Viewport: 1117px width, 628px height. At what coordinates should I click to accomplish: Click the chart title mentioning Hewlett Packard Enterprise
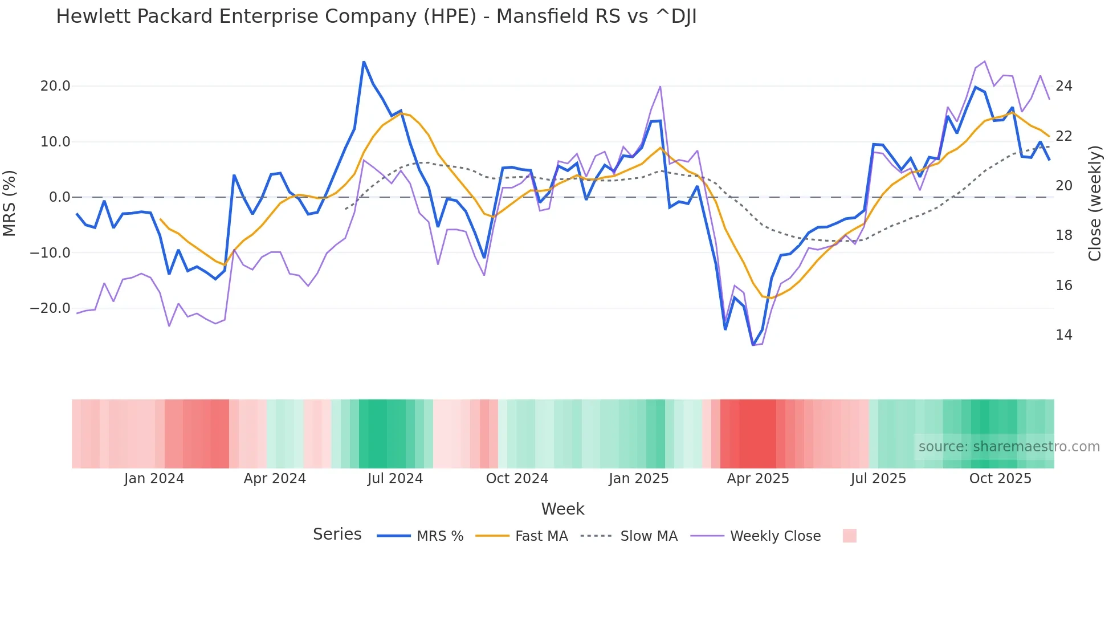[376, 17]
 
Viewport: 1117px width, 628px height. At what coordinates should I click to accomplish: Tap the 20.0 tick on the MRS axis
[55, 86]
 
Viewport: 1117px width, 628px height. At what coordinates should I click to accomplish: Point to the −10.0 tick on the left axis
[50, 252]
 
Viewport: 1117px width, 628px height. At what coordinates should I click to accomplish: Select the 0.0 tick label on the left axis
[59, 197]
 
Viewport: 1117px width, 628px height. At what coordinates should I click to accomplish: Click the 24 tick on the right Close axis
[1063, 86]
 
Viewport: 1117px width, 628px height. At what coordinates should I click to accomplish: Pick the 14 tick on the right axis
[1063, 335]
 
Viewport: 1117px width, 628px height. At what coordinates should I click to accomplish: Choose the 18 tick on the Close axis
[1063, 235]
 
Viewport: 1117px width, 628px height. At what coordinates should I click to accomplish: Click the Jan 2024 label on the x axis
[154, 479]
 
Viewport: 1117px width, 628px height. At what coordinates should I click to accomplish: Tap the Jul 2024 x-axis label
[395, 479]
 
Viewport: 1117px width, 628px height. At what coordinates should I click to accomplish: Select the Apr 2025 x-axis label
[757, 479]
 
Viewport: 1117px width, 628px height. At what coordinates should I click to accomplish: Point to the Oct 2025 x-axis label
[1000, 479]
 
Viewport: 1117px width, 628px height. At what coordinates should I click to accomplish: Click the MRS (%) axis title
[10, 203]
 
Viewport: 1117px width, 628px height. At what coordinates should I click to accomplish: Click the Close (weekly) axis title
[1095, 203]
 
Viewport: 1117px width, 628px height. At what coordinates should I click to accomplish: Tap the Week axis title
[562, 509]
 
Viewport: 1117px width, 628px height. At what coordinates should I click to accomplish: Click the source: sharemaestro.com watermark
[1009, 447]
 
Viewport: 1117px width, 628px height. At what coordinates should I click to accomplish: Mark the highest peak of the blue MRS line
[364, 62]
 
